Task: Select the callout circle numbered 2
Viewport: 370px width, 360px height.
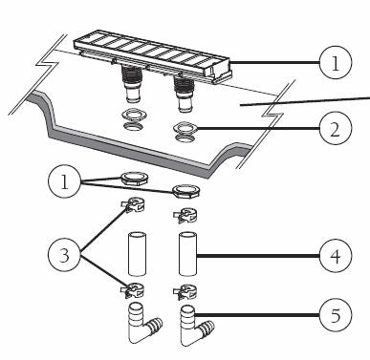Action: point(331,129)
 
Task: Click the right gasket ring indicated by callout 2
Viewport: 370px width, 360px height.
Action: point(183,128)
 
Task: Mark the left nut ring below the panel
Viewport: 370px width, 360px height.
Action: point(134,178)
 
